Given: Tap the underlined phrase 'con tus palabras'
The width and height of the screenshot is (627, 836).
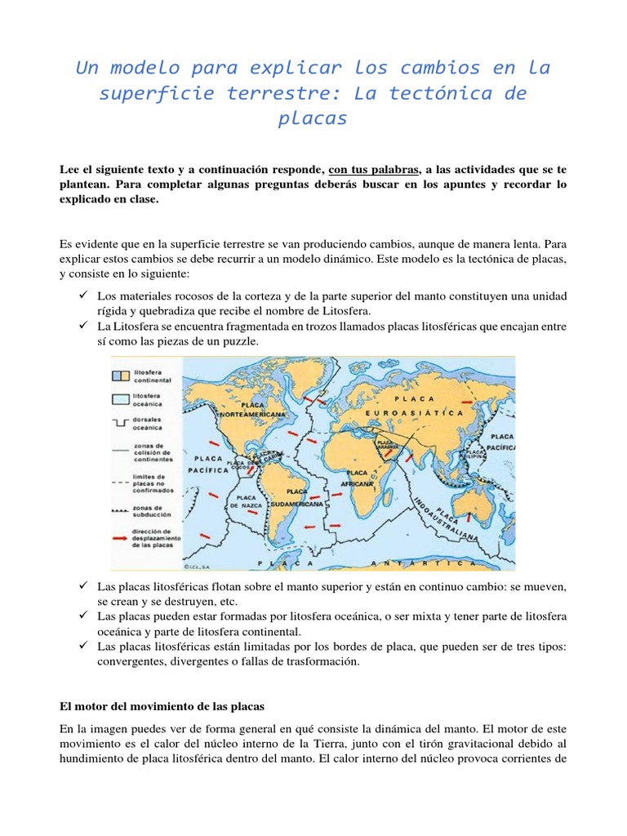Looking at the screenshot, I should coord(374,169).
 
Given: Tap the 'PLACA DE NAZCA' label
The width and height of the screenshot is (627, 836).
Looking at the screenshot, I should coord(244,501).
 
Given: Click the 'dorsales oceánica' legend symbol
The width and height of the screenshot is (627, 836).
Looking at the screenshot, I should coord(121,424).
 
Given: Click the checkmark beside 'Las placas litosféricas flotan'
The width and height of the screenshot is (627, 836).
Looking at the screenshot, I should coord(83,587).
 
